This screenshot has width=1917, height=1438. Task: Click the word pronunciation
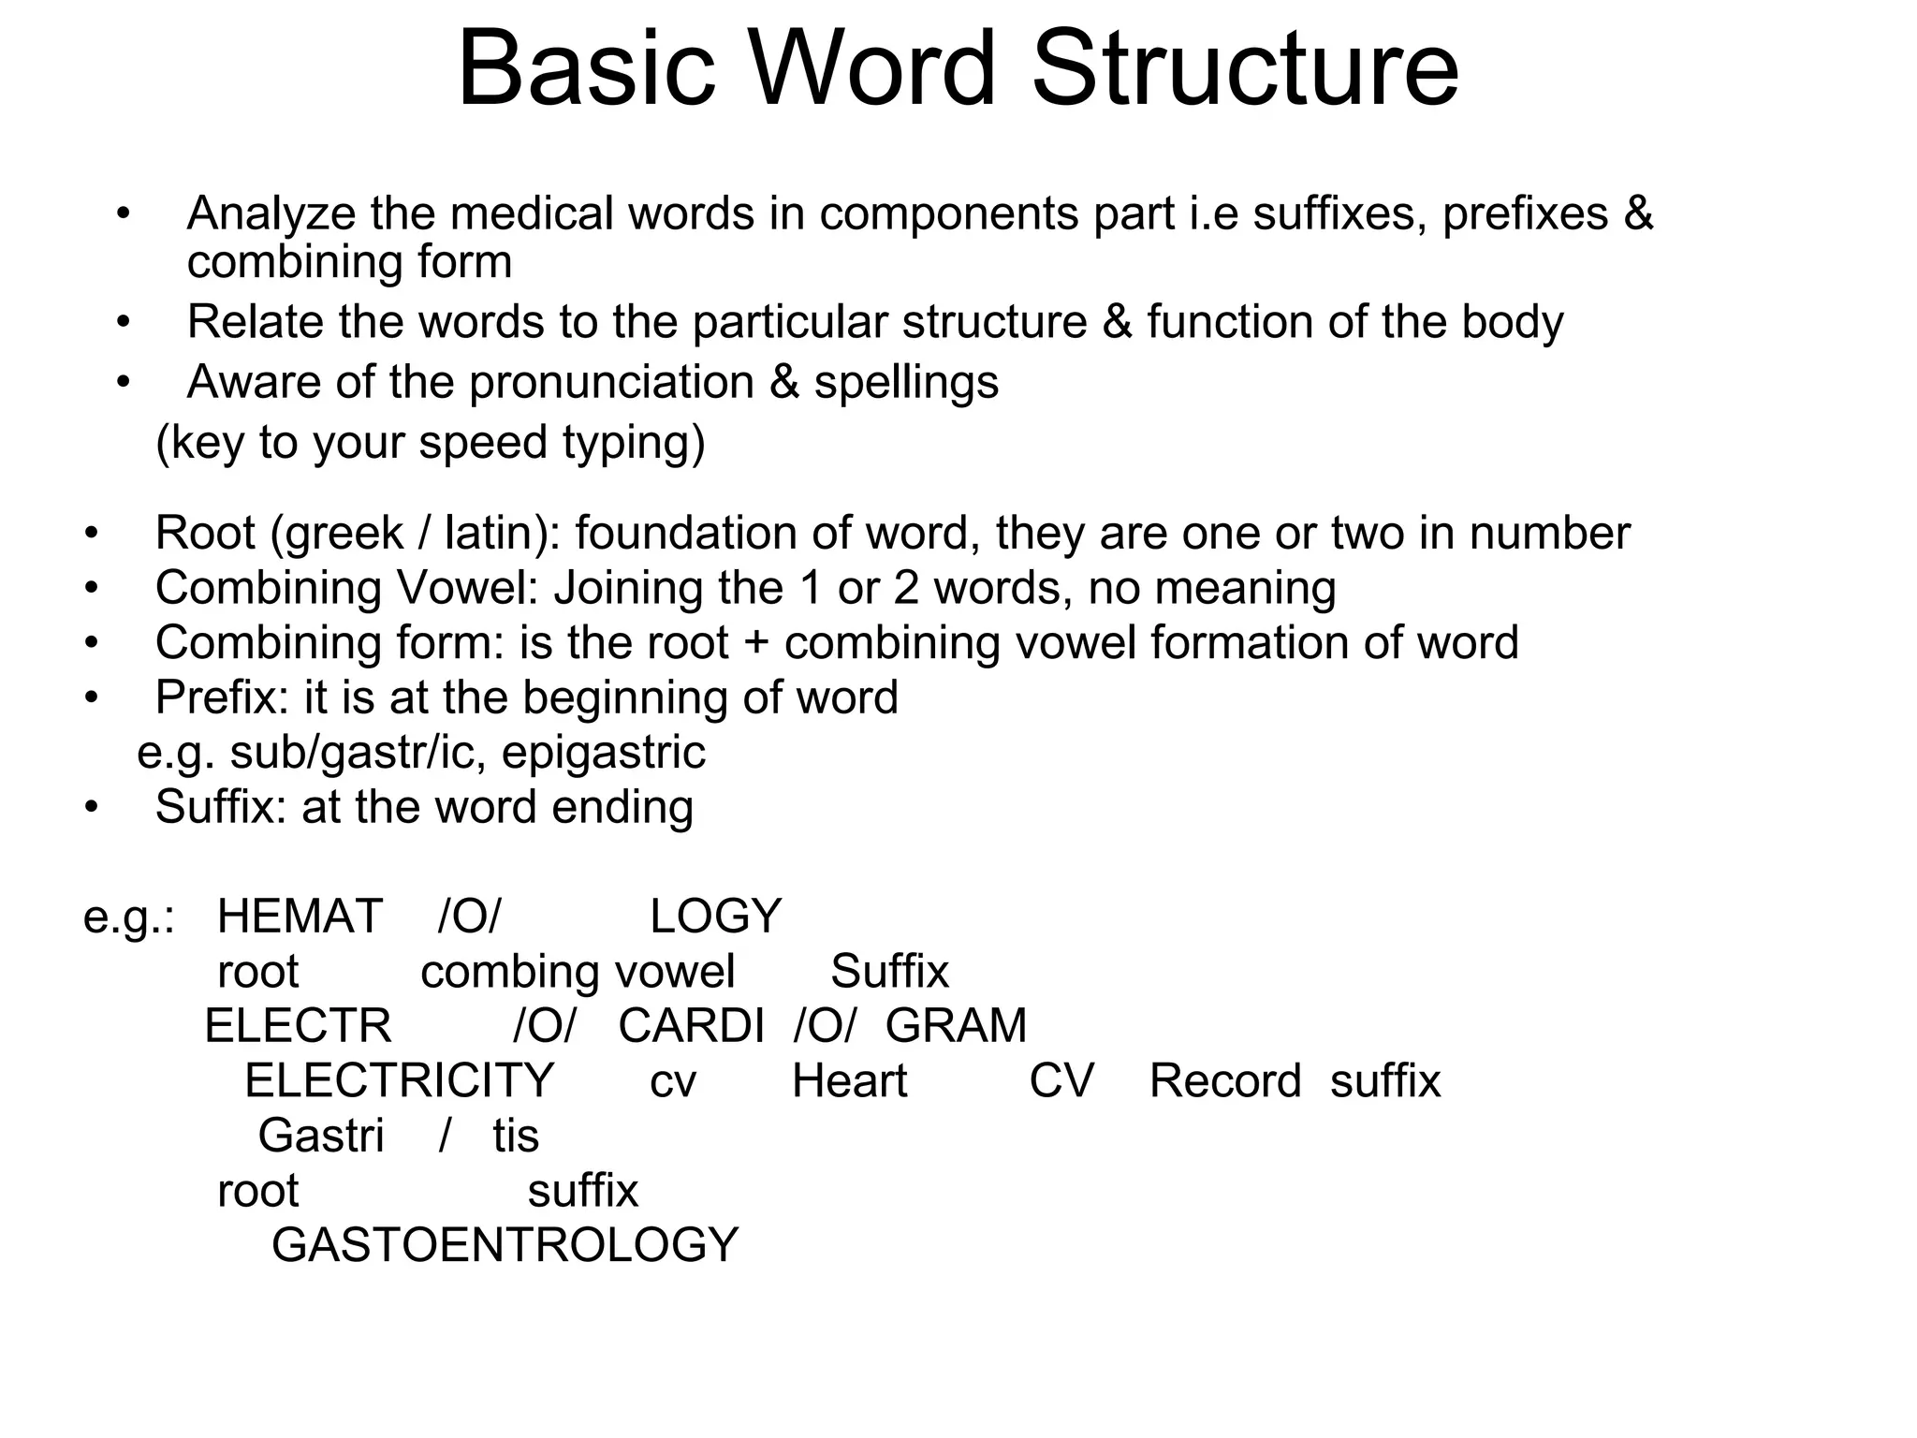pos(611,382)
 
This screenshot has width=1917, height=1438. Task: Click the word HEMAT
pos(300,916)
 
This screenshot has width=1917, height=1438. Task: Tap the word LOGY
pos(715,916)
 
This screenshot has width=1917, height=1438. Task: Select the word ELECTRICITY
pos(400,1080)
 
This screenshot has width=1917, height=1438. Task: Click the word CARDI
pos(692,1025)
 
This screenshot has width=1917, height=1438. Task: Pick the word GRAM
pos(956,1025)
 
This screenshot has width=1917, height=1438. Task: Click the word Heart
pos(849,1080)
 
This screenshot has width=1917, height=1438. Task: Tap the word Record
pos(1225,1080)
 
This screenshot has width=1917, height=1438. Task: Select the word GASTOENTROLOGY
pos(505,1245)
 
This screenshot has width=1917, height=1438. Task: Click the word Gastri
pos(321,1136)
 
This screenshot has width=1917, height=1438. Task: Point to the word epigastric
pos(604,753)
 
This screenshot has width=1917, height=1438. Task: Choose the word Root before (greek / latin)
pos(205,534)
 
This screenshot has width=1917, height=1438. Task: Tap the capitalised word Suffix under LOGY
pos(889,971)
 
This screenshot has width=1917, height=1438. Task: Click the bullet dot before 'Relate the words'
pos(123,323)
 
